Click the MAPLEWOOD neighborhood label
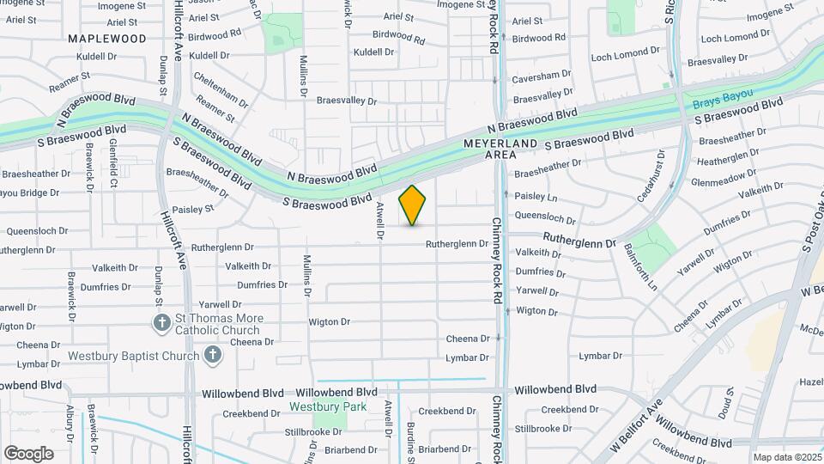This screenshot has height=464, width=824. point(107,39)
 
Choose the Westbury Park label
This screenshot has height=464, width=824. point(328,406)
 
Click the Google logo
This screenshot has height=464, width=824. point(28,453)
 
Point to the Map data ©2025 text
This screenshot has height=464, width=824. point(786,457)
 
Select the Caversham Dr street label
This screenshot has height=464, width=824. point(542,76)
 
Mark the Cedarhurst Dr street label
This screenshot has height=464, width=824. point(662,173)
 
